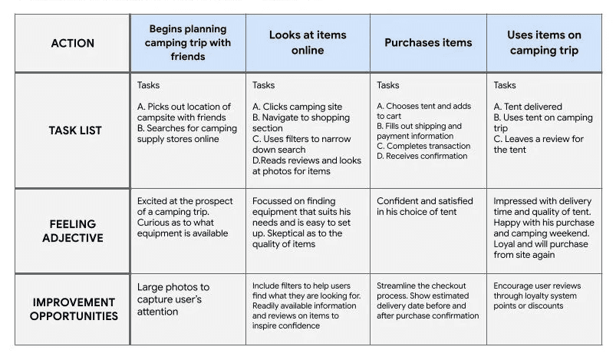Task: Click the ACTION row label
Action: [72, 43]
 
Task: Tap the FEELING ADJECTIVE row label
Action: [72, 231]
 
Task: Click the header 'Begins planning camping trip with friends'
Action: [188, 43]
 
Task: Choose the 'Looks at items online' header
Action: [308, 43]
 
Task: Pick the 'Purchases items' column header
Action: [428, 43]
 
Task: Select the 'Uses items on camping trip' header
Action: [543, 43]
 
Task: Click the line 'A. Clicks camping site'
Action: [298, 107]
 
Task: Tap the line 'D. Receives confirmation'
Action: [422, 156]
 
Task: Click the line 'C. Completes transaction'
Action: [423, 146]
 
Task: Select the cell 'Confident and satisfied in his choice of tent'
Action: [425, 206]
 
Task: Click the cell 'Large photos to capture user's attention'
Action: [173, 299]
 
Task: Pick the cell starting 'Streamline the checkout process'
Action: [427, 300]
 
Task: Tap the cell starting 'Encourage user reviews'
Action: [537, 296]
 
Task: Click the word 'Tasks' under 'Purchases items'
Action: [389, 85]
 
